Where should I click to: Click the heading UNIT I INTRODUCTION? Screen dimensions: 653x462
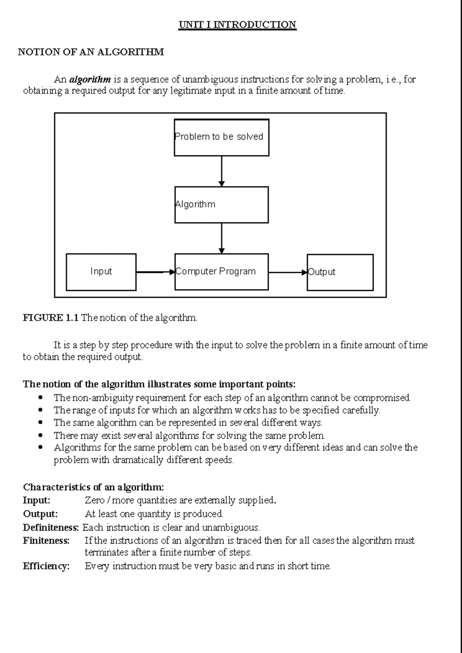[237, 25]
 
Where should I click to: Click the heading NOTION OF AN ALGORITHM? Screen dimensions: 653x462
[91, 52]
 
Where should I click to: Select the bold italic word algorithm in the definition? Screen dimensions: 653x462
[90, 80]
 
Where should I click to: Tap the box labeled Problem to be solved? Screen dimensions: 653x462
[221, 137]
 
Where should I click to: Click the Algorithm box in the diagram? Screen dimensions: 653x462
[221, 205]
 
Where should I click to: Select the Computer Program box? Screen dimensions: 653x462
[221, 272]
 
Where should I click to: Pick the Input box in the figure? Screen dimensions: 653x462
[101, 272]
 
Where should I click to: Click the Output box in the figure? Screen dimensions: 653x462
[340, 272]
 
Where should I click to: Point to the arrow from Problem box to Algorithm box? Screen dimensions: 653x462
[221, 171]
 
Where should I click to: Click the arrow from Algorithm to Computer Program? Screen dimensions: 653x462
[221, 238]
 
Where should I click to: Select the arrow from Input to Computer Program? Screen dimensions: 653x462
[155, 272]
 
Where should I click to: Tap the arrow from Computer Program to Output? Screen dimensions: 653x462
[287, 272]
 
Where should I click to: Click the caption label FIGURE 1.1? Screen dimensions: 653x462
[50, 318]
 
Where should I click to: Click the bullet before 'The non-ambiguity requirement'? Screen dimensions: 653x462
[41, 397]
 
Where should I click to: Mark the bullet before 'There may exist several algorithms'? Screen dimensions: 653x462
[41, 436]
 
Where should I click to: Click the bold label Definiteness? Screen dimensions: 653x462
[51, 527]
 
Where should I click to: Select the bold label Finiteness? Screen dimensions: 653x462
[46, 541]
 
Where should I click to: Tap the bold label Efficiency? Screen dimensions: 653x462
[46, 566]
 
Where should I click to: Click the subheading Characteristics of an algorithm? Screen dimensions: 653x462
[94, 487]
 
